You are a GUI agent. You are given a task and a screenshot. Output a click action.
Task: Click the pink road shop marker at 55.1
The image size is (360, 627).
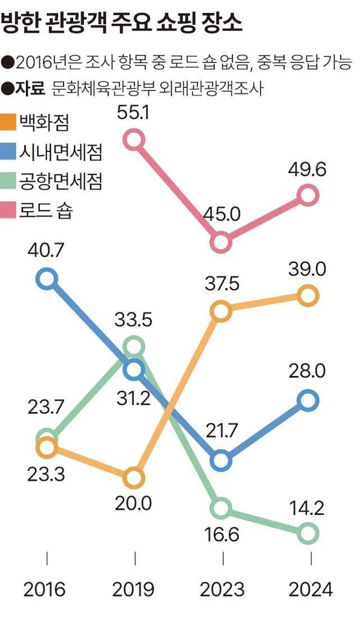coord(134,138)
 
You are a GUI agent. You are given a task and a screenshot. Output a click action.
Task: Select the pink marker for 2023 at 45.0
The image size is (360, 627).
coord(222,243)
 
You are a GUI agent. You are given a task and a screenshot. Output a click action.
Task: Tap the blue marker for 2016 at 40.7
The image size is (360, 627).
coord(47,279)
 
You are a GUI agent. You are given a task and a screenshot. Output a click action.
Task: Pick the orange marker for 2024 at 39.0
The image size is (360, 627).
coord(308,295)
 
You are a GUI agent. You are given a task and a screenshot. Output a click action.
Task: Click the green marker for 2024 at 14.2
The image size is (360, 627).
coord(308,532)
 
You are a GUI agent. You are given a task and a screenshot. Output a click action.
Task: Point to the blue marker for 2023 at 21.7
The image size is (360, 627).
coord(222,460)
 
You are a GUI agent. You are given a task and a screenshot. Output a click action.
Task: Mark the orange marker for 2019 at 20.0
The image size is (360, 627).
coord(134,478)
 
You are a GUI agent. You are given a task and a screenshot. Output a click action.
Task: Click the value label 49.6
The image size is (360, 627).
coord(307,169)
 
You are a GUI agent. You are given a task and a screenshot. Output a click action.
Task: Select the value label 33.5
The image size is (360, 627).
coord(133,320)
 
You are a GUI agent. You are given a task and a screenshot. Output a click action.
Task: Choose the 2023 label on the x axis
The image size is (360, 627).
coord(223,590)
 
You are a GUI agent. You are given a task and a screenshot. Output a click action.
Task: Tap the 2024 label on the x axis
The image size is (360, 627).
coord(310,590)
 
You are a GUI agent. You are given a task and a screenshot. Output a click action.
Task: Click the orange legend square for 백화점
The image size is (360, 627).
coord(9,121)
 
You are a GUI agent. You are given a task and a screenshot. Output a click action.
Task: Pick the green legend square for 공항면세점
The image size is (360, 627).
coord(9,181)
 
